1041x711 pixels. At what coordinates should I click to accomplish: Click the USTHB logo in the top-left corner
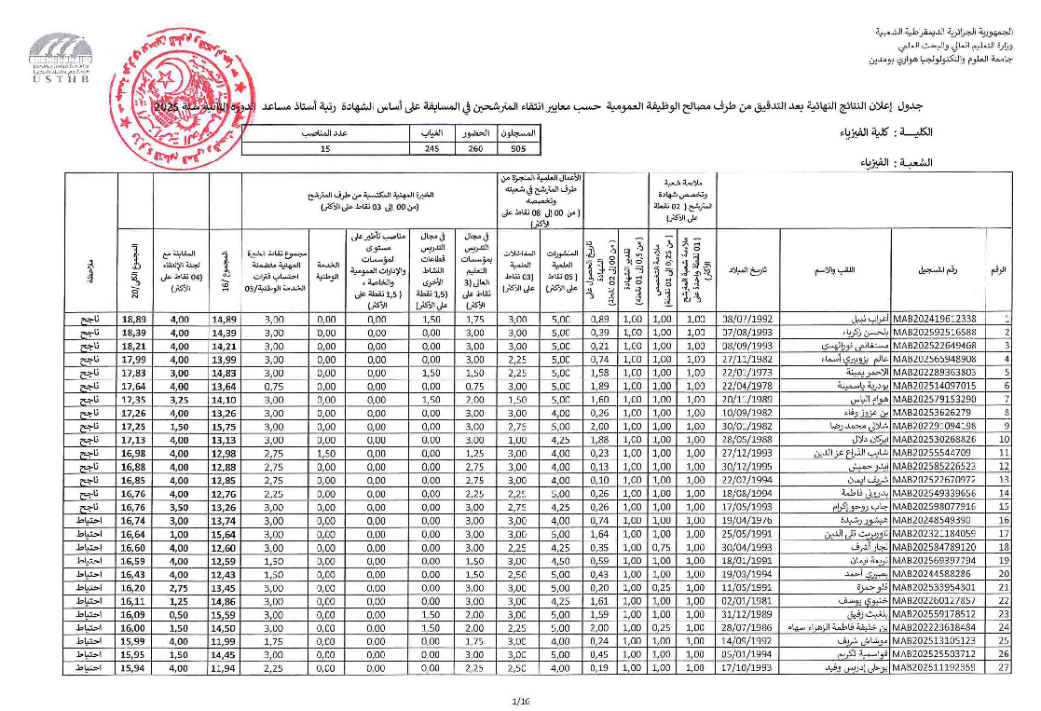(x=62, y=57)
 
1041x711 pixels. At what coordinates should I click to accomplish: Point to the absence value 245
(x=431, y=149)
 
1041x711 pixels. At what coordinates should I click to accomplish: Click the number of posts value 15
(x=325, y=149)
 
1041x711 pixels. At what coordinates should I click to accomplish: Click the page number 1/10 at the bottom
(x=521, y=700)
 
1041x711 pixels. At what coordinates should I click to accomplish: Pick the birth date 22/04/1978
(x=736, y=385)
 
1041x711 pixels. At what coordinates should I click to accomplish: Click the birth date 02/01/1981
(x=736, y=602)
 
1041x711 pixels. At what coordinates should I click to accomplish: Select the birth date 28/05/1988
(x=736, y=439)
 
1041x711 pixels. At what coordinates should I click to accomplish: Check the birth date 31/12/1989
(x=736, y=615)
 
